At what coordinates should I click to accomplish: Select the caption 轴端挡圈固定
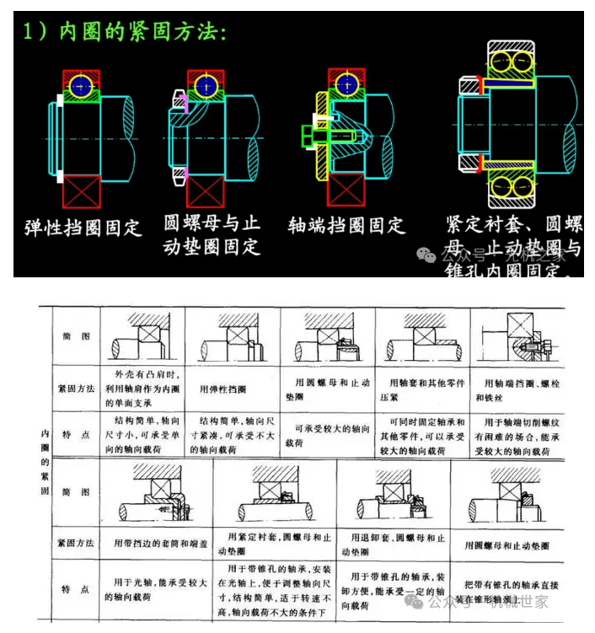[346, 226]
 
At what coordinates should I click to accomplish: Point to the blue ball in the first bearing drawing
[81, 84]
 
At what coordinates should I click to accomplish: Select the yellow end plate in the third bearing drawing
[321, 135]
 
